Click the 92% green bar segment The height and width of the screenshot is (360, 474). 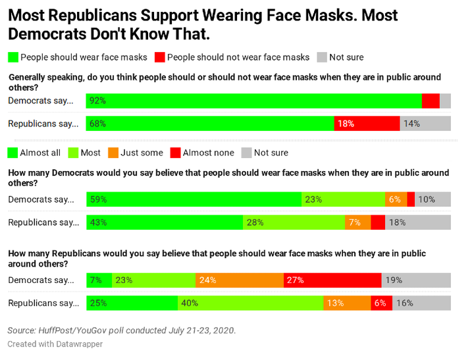click(x=254, y=101)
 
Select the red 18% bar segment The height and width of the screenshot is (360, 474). click(x=367, y=123)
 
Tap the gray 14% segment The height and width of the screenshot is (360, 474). click(x=425, y=123)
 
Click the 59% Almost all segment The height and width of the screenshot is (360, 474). click(x=194, y=199)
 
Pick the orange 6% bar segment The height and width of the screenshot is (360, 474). click(x=396, y=199)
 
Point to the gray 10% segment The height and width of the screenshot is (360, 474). click(x=433, y=199)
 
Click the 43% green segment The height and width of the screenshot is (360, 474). click(x=165, y=222)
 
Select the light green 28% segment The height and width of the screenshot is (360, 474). click(x=294, y=222)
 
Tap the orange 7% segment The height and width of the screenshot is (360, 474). click(x=357, y=222)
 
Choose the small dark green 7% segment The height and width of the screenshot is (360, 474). click(x=99, y=280)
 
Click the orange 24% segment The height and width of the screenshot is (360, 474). click(x=240, y=280)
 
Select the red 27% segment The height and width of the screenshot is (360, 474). click(x=332, y=280)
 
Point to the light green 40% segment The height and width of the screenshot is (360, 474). click(x=250, y=303)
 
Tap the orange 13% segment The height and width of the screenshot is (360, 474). click(x=347, y=303)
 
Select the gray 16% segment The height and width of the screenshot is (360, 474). click(x=421, y=303)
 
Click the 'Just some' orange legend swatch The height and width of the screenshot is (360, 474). click(x=113, y=153)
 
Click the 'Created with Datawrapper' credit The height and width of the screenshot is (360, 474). click(x=55, y=344)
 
